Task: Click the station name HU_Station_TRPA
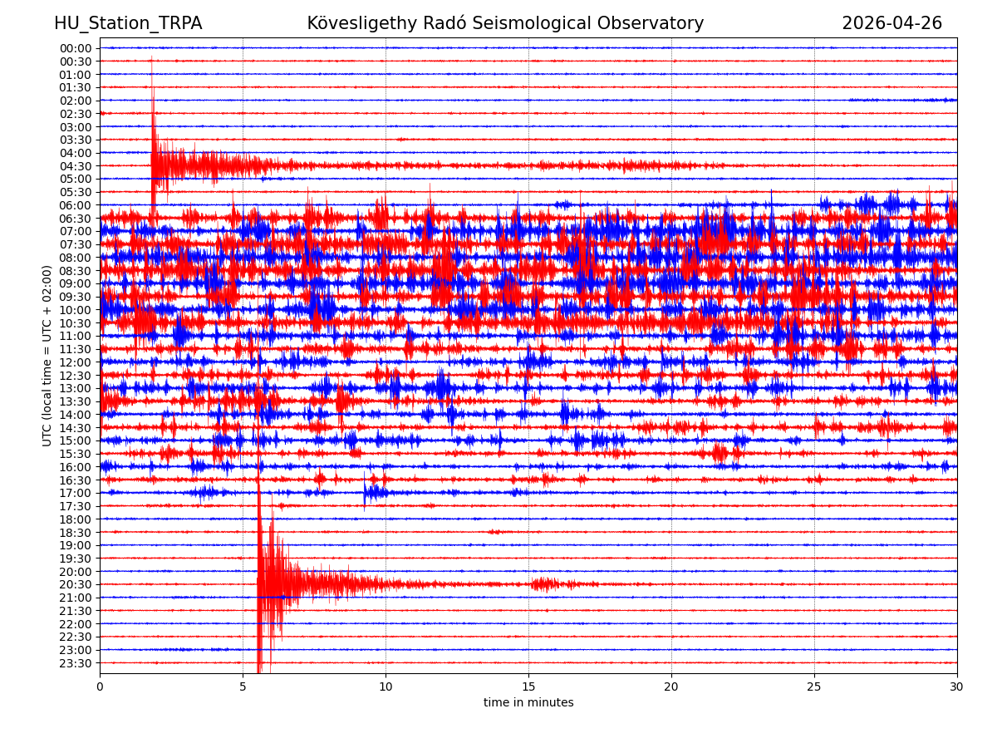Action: click(x=128, y=23)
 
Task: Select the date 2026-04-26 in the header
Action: click(x=891, y=23)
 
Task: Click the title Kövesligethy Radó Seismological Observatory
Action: click(x=505, y=23)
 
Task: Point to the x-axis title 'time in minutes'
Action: click(x=528, y=703)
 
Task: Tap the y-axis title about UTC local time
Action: click(x=47, y=356)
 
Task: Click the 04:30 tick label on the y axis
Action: click(x=76, y=166)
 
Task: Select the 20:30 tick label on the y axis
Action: click(x=76, y=584)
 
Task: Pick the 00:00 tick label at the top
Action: click(x=76, y=48)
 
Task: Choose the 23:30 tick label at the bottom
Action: click(x=76, y=663)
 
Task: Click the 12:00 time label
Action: click(x=76, y=362)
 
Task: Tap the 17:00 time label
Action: click(x=76, y=493)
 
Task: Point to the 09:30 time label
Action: click(x=76, y=297)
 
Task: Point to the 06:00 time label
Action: click(x=76, y=205)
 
